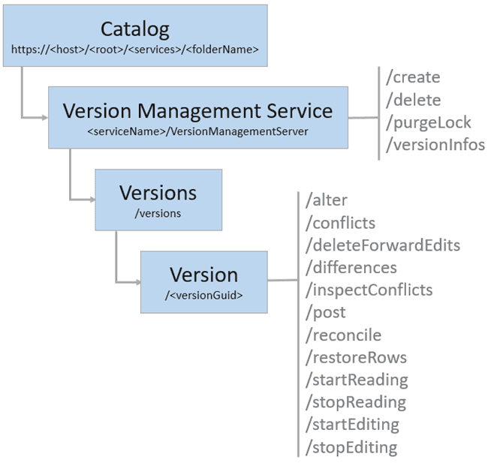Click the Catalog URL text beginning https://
135,50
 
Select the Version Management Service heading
197,110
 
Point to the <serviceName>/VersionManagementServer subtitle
197,131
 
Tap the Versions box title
158,192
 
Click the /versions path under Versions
158,213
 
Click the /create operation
412,77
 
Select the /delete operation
412,100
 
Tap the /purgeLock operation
423,122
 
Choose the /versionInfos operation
435,145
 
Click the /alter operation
327,200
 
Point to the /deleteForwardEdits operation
383,245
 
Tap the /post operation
325,312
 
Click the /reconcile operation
344,335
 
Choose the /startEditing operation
352,425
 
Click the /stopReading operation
357,402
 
